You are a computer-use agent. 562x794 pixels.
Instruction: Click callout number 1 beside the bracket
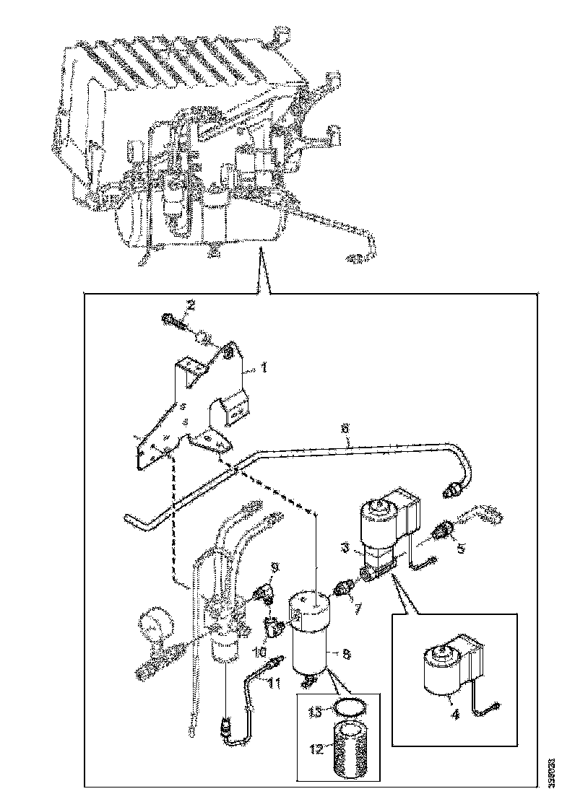264,367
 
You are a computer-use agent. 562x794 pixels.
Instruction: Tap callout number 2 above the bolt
191,306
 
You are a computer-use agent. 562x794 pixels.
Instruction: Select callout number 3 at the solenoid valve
347,549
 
